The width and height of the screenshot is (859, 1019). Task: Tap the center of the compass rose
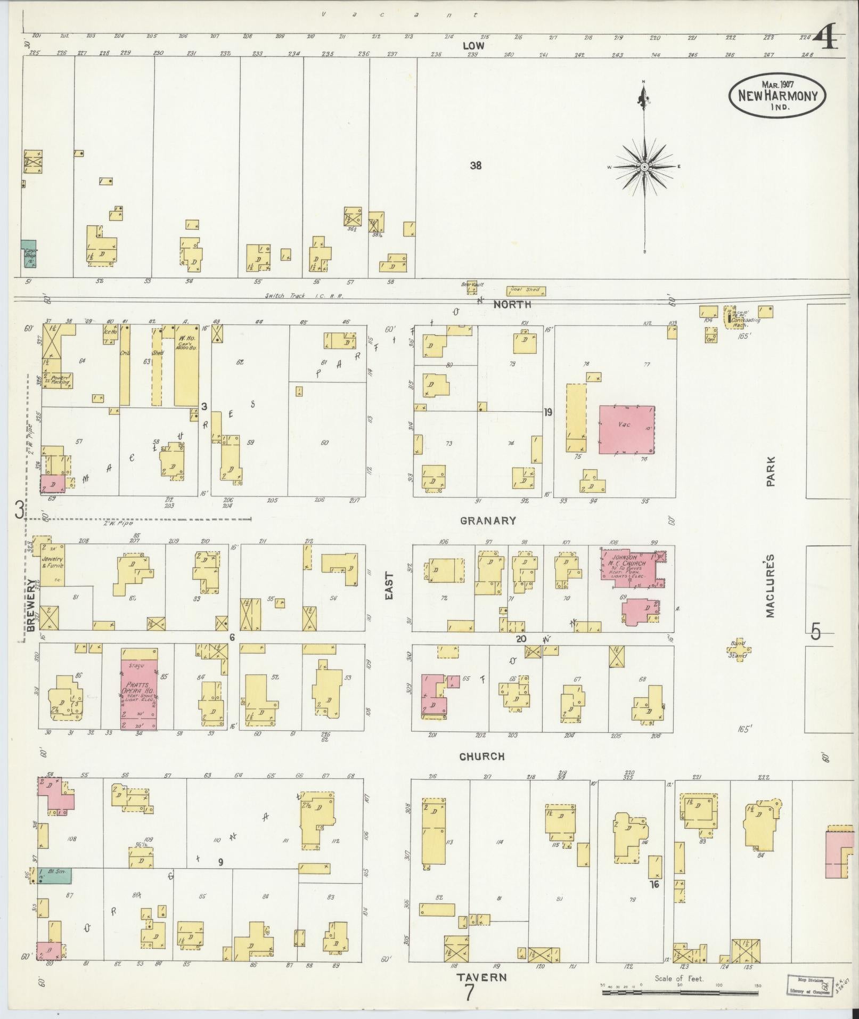(644, 167)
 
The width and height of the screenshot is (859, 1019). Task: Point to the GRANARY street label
(488, 520)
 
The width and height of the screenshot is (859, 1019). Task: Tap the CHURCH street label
(482, 756)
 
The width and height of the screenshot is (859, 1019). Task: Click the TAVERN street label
(481, 977)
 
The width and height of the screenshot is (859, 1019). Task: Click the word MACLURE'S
(770, 586)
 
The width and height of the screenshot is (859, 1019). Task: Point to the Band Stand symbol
(739, 649)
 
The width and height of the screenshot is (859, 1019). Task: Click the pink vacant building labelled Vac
(626, 430)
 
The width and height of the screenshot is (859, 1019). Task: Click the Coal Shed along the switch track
(526, 291)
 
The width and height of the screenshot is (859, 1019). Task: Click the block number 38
(476, 166)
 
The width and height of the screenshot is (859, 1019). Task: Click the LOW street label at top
(473, 46)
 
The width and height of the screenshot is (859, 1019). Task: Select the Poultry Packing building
(57, 380)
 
